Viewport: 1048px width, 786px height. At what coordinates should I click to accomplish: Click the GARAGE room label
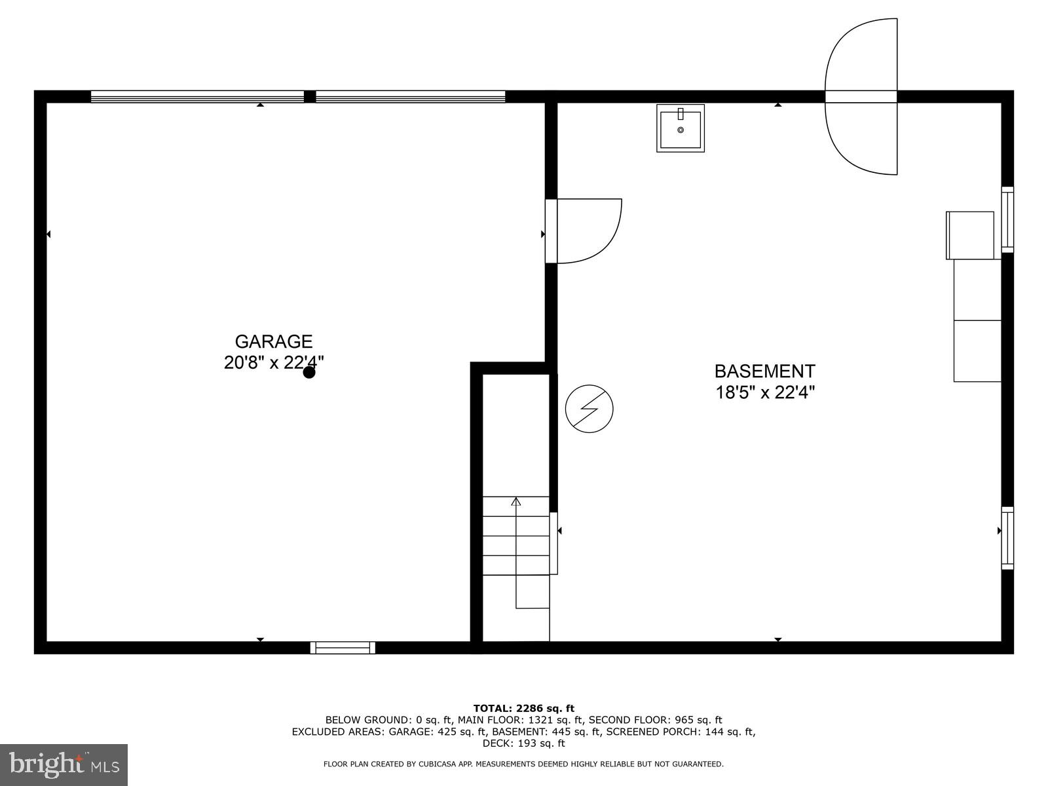[x=274, y=341]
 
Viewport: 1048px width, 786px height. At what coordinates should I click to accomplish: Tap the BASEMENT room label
[x=764, y=371]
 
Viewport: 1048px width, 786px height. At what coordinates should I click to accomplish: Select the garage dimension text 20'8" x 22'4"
[x=274, y=362]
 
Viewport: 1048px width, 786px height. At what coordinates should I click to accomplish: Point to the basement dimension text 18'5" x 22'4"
[x=764, y=392]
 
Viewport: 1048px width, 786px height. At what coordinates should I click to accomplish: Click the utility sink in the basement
[x=681, y=128]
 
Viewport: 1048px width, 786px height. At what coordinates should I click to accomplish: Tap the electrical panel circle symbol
[x=589, y=409]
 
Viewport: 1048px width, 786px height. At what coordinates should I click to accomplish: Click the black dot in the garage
[x=309, y=373]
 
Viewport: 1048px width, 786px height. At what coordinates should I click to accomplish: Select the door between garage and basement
[x=583, y=231]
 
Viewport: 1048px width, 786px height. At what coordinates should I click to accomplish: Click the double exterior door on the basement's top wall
[x=861, y=97]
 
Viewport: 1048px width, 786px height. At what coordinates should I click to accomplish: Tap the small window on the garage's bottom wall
[x=343, y=648]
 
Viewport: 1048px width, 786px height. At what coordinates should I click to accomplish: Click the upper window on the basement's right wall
[x=1008, y=219]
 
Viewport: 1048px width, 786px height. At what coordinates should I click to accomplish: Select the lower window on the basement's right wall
[x=1008, y=538]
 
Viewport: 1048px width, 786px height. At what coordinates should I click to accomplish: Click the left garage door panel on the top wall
[x=197, y=97]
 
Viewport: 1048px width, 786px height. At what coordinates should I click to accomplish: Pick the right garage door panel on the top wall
[x=411, y=97]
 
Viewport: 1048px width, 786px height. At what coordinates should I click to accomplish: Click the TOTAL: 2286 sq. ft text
[x=523, y=708]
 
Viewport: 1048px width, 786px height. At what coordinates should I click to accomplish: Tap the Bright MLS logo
[x=64, y=764]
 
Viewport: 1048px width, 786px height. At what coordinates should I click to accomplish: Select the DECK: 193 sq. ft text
[x=523, y=743]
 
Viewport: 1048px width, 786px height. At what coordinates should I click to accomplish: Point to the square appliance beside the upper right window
[x=970, y=235]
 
